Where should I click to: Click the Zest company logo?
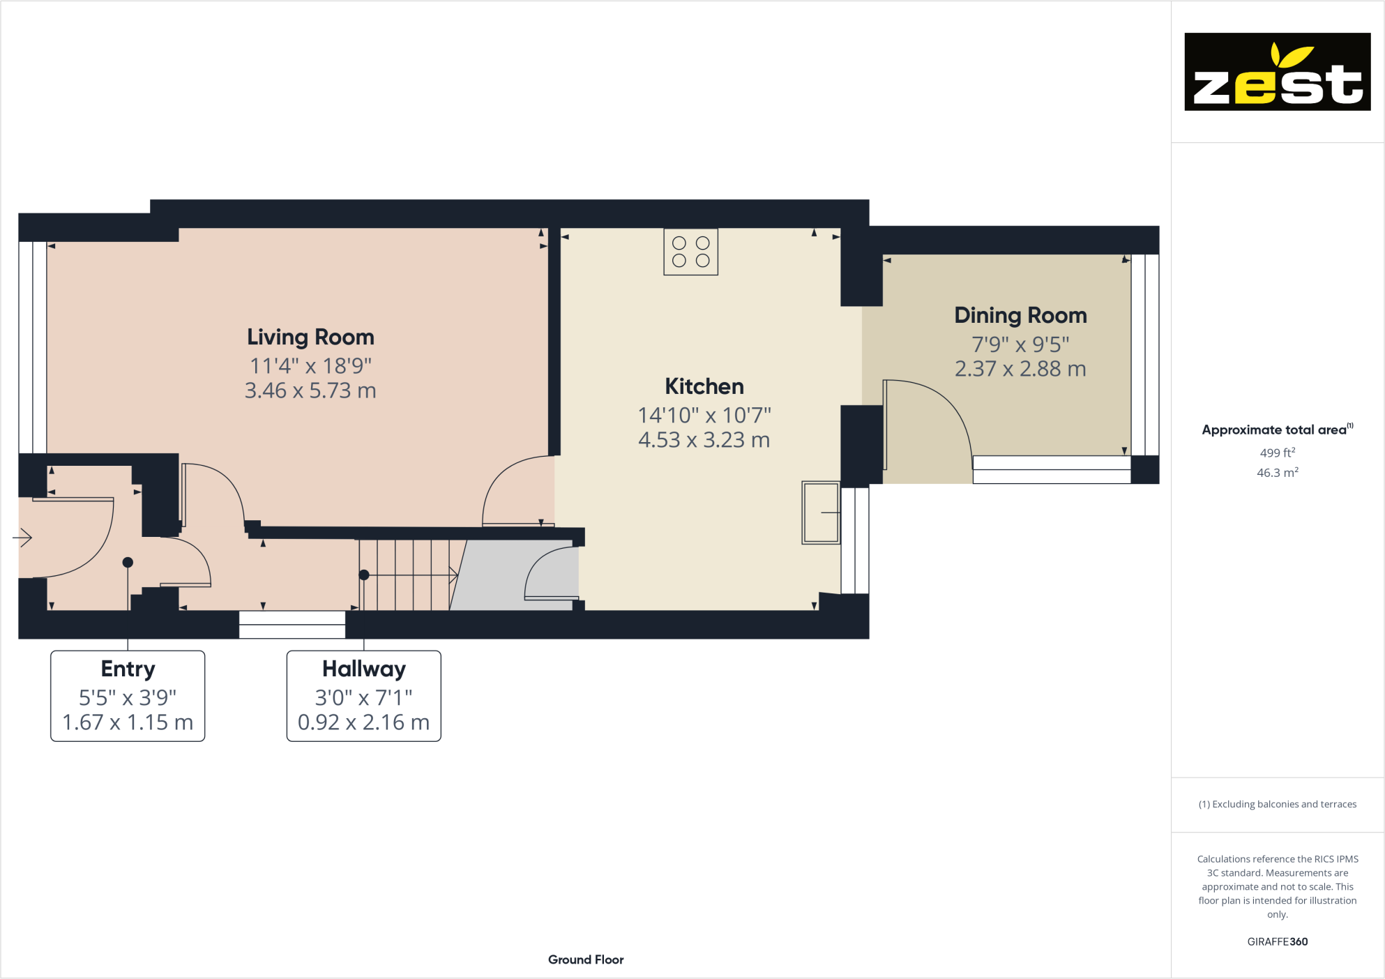tap(1277, 72)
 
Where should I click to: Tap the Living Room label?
tap(310, 337)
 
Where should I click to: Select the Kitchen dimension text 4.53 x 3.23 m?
tap(704, 440)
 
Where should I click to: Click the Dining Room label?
tap(1020, 316)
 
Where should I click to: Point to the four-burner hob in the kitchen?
tap(690, 252)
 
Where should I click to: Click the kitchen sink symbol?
tap(821, 513)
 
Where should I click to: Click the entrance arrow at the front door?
tap(23, 538)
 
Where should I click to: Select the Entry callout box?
tap(128, 695)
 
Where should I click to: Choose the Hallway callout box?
tap(363, 695)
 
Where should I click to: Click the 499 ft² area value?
tap(1277, 453)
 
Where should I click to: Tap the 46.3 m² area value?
tap(1277, 473)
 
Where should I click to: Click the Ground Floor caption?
tap(586, 959)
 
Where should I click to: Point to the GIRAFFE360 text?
tap(1277, 941)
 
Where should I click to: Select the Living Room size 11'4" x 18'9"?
tap(310, 366)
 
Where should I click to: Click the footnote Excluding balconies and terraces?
tap(1277, 804)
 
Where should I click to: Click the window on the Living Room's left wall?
tap(32, 347)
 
